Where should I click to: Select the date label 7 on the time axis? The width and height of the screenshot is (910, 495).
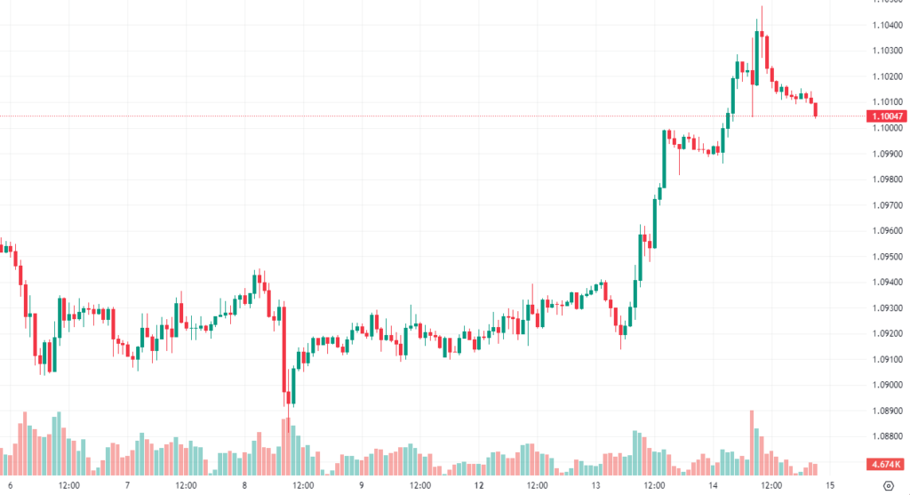point(128,485)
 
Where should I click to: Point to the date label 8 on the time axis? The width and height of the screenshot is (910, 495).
point(244,485)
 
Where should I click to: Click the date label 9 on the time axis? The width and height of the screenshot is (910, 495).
point(362,485)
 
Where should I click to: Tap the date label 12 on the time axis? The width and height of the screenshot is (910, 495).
point(479,485)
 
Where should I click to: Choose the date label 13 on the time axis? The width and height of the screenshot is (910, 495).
point(596,485)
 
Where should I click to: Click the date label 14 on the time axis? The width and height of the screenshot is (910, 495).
point(713,485)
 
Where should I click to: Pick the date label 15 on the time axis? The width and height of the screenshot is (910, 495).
point(829,485)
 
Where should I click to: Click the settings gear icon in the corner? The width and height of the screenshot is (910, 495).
point(889,485)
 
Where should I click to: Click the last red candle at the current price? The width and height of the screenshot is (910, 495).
point(816,109)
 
